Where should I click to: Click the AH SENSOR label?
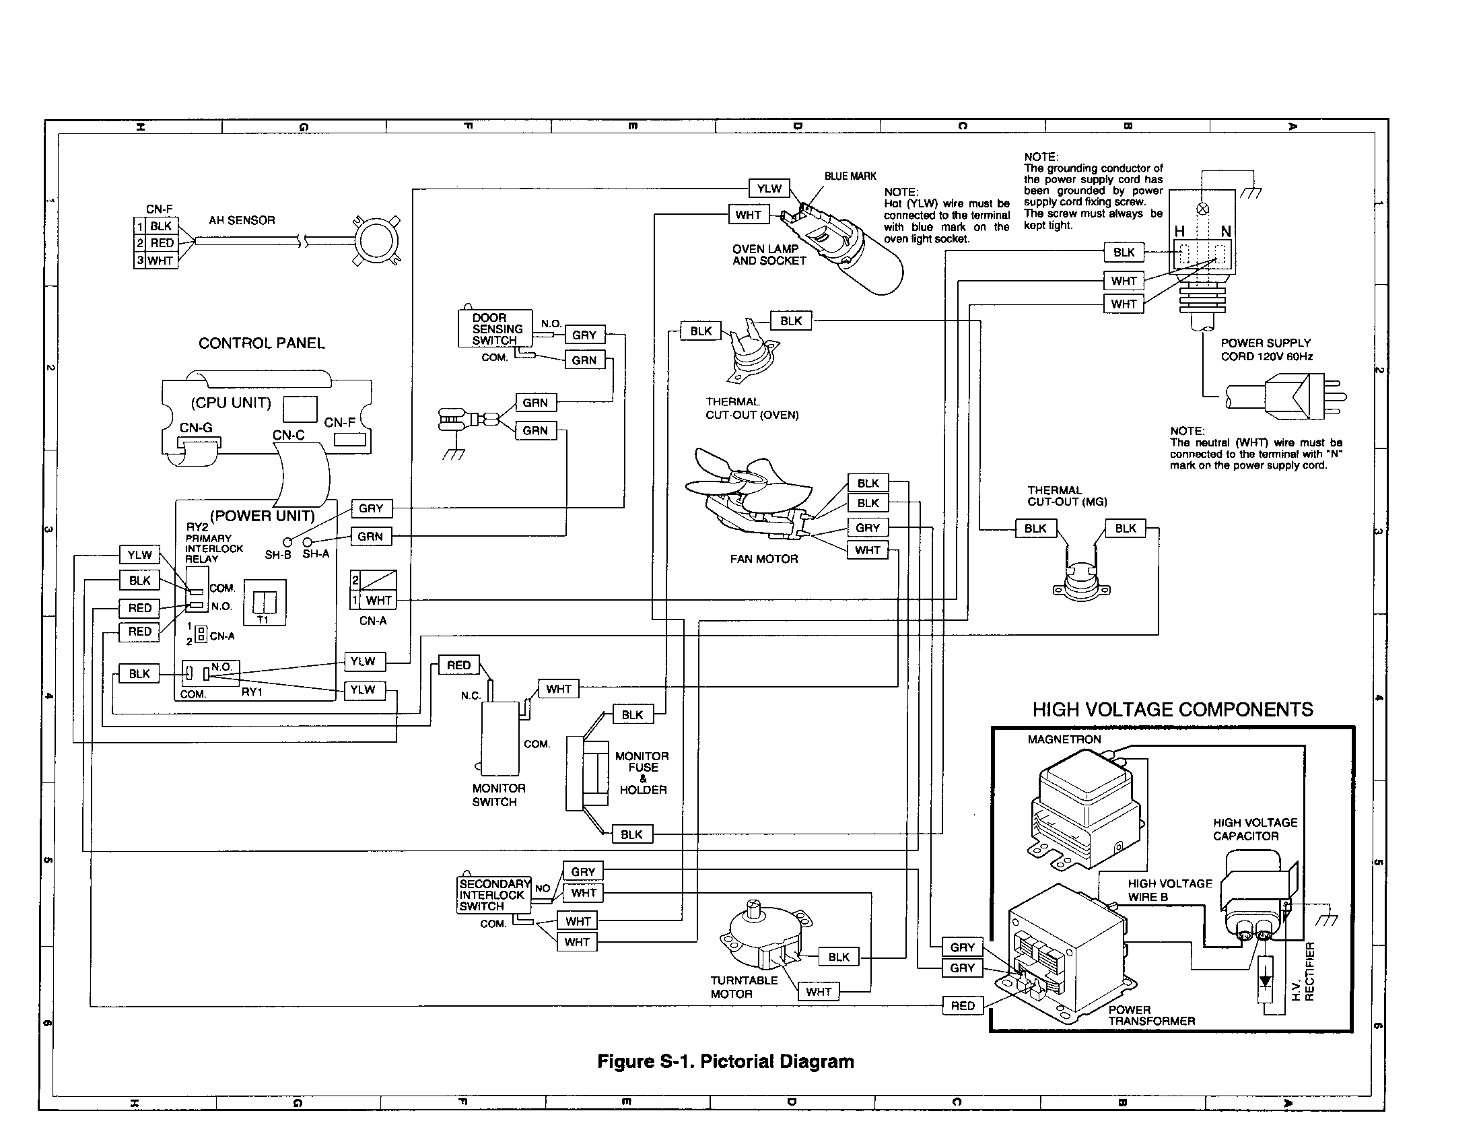[242, 220]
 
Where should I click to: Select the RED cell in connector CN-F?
[162, 243]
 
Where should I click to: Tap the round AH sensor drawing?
[376, 240]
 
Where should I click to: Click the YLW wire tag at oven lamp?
[769, 189]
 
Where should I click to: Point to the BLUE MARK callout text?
[850, 176]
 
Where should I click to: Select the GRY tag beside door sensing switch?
[584, 335]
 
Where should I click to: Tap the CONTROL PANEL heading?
[261, 343]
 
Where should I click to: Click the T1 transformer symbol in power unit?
[264, 601]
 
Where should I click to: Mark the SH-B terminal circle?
[287, 542]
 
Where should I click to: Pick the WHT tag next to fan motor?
[866, 550]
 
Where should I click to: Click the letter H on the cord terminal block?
[1180, 232]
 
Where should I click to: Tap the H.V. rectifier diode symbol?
[1264, 981]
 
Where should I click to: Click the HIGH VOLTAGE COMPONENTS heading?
[1172, 710]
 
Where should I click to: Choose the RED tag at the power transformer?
[961, 1006]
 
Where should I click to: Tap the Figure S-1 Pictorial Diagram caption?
[725, 1062]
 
